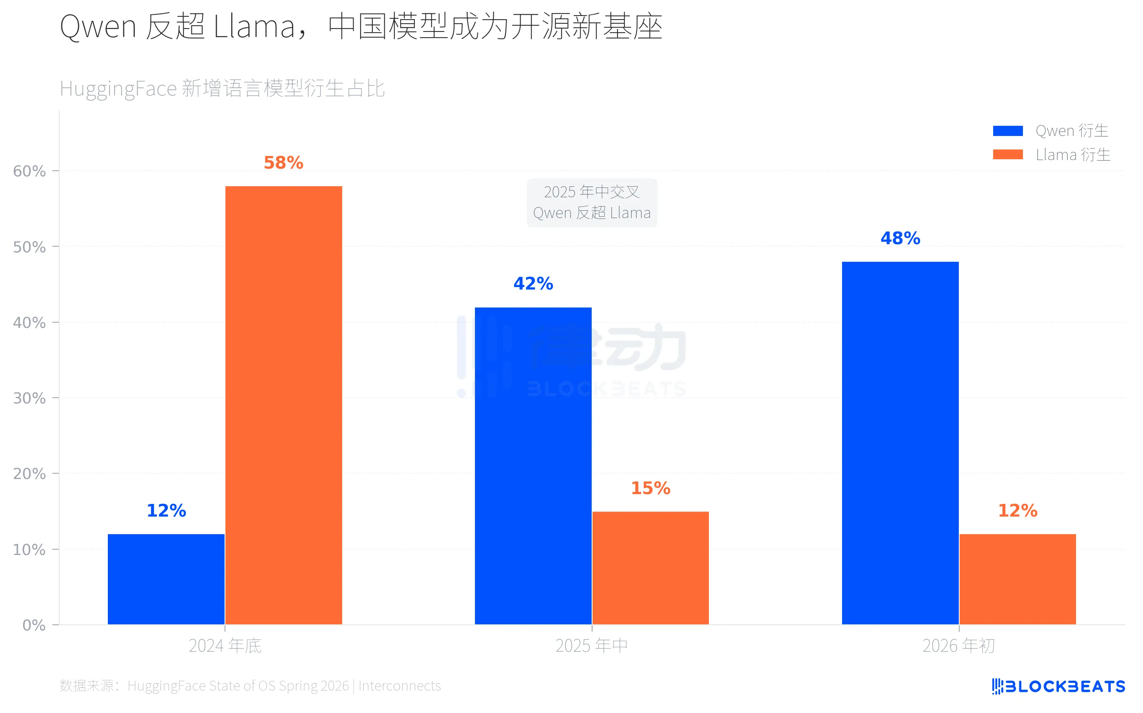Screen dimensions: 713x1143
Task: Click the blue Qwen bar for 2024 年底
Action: (166, 579)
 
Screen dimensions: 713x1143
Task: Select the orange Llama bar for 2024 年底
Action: (283, 406)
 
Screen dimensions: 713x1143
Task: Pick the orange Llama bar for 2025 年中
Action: (650, 568)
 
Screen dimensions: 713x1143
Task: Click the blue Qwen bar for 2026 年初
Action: (900, 443)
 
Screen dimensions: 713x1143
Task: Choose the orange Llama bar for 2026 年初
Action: (1017, 579)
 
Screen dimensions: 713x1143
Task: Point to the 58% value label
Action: (283, 163)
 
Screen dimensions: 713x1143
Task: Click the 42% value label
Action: (533, 283)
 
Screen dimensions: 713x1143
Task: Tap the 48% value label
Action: (900, 238)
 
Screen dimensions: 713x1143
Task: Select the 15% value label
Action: (650, 488)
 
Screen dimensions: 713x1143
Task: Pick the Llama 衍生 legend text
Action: (1073, 155)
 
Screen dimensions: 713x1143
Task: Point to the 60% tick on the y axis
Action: (29, 171)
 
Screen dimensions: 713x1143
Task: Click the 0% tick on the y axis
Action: (34, 625)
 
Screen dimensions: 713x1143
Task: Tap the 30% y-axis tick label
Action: (29, 399)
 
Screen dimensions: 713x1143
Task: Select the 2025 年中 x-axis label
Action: (591, 646)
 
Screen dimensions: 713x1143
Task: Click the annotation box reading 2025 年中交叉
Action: (591, 202)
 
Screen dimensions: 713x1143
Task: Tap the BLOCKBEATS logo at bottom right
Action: (1058, 686)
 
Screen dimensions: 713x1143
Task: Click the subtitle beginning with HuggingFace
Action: (222, 89)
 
